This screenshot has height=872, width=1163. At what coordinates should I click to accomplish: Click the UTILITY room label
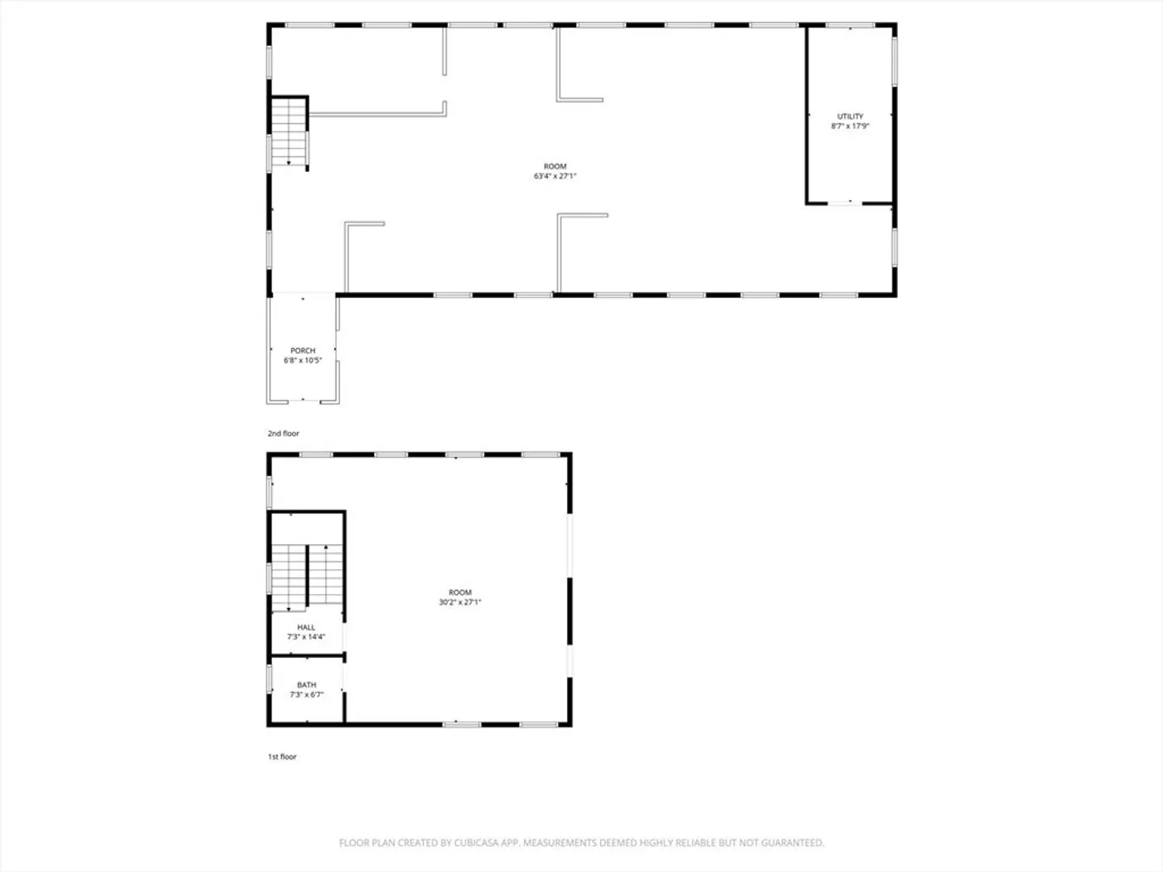click(850, 116)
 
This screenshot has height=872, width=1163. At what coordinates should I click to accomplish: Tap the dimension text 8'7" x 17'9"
click(850, 126)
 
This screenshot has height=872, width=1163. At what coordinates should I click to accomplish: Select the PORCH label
click(303, 350)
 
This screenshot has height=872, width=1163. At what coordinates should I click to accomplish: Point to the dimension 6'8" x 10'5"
click(303, 361)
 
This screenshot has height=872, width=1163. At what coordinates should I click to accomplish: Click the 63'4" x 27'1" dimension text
click(555, 176)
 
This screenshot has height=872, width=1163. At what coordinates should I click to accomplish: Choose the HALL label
click(306, 627)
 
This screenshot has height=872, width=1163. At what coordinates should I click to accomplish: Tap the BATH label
click(306, 685)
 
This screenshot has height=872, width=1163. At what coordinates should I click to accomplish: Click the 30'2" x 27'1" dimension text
click(460, 602)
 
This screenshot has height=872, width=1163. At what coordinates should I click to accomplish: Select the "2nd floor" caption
click(283, 434)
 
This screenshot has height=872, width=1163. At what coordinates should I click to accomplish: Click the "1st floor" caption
click(283, 757)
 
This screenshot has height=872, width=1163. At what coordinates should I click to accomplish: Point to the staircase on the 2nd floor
click(289, 132)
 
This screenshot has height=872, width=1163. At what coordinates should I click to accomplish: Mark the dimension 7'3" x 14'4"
click(306, 637)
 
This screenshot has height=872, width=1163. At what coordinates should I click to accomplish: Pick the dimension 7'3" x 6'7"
click(306, 694)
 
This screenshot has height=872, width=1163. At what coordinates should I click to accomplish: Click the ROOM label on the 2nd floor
click(555, 167)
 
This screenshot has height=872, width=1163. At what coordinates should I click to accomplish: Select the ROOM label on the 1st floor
click(460, 593)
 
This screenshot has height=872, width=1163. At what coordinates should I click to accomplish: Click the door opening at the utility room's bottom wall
click(845, 203)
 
